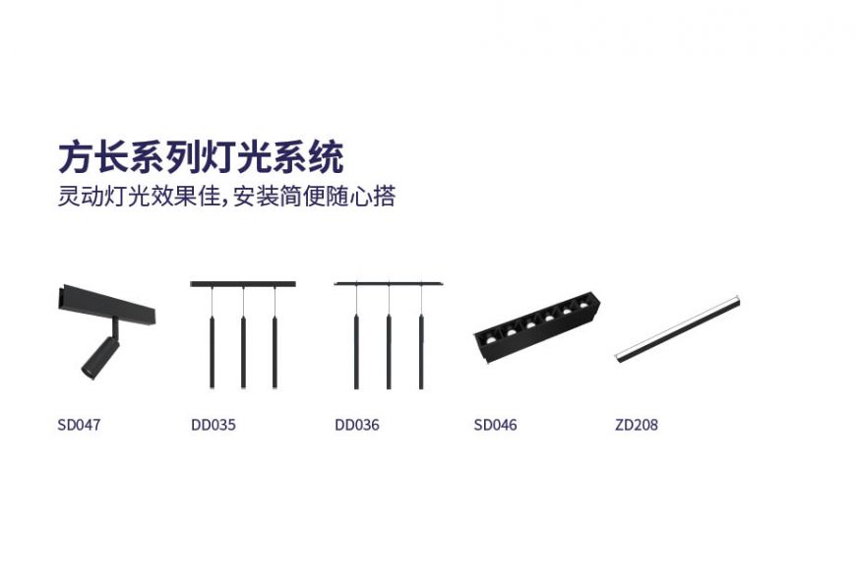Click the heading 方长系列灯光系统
coord(201,157)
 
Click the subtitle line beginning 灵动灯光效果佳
coord(226,196)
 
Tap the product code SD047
coord(79,426)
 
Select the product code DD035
coord(214,426)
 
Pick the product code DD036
coord(356,426)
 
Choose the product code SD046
coord(495,426)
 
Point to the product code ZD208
coord(636,426)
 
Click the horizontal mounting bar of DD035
coord(242,284)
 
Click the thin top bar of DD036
coord(389,284)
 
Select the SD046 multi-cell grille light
coord(536,325)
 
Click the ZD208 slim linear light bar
coord(676,328)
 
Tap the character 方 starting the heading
coord(74,157)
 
